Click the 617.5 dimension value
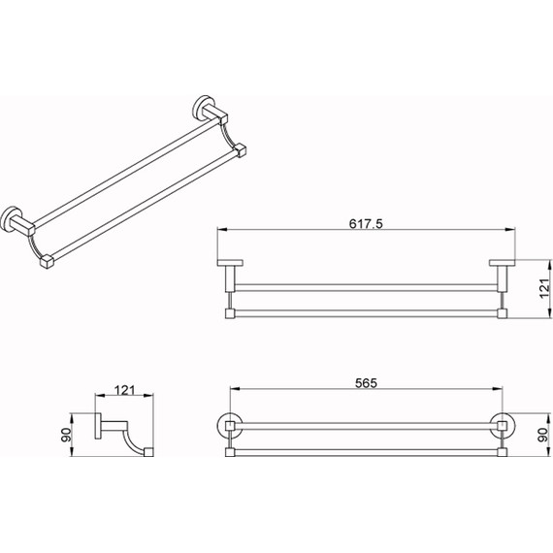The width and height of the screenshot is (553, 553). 366,223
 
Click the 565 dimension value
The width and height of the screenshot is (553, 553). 366,383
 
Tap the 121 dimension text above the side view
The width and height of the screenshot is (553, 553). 124,390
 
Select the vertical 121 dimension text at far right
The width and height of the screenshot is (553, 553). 544,288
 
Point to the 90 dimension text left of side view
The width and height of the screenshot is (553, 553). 66,435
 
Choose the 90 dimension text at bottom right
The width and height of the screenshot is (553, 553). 544,435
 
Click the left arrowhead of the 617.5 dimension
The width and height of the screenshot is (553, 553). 222,230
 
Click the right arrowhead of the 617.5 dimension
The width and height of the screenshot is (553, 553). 510,230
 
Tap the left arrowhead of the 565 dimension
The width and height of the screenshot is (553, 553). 235,389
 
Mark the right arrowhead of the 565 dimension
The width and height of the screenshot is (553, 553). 498,389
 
